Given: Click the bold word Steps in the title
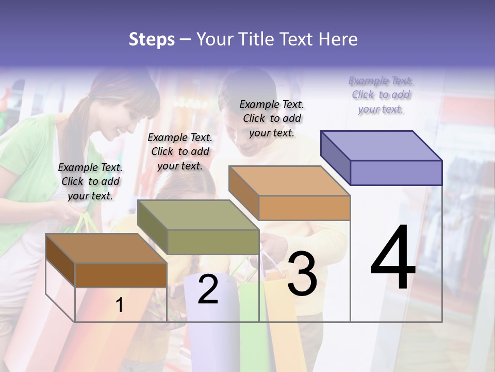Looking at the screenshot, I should point(152,40).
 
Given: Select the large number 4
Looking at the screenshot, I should point(393,258).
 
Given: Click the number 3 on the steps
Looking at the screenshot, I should point(302,274).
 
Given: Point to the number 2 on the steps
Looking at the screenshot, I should point(208,289).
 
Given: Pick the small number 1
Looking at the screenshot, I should point(120,305).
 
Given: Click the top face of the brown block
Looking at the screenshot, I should point(106,249).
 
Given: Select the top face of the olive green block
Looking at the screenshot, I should point(197,215).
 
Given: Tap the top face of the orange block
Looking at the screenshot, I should point(289,181).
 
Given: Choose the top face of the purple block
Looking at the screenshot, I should point(381,146).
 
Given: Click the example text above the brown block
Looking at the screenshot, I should point(90,181).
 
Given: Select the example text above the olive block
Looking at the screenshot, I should point(180,151).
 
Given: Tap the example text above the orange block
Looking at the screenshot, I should point(272,118).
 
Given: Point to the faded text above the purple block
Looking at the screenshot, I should point(381,95).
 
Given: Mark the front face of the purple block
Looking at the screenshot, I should point(396,173).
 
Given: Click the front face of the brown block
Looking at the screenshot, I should point(121,275).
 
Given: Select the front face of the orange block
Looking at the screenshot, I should point(304,208).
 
